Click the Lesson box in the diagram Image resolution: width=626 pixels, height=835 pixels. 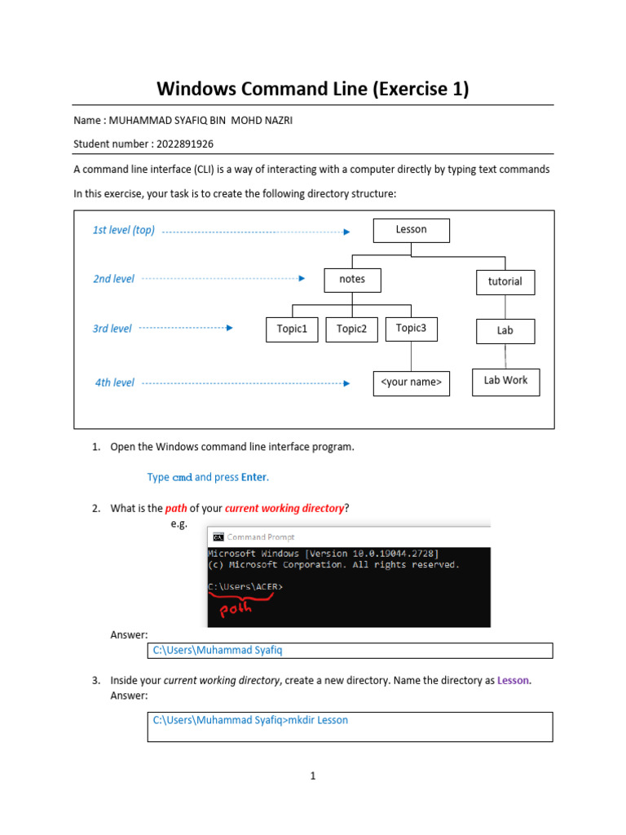411,230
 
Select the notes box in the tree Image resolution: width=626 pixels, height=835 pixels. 352,280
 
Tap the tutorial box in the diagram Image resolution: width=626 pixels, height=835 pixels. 505,282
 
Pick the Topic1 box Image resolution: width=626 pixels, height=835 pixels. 292,329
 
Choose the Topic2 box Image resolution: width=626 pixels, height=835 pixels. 351,329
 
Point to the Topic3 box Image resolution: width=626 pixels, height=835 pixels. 411,329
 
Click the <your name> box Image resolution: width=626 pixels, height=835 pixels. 411,382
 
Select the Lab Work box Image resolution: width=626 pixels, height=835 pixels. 505,381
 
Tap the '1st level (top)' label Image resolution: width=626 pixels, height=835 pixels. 124,231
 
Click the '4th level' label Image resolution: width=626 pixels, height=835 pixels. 115,382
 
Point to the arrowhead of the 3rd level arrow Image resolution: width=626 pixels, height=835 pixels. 229,329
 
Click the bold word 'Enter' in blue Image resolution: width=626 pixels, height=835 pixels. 254,477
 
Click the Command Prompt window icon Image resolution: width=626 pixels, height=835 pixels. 218,537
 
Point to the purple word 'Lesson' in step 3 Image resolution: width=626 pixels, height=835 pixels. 514,680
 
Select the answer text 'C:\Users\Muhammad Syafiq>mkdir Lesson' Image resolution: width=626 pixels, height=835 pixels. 250,720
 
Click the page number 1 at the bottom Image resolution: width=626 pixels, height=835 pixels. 312,776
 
